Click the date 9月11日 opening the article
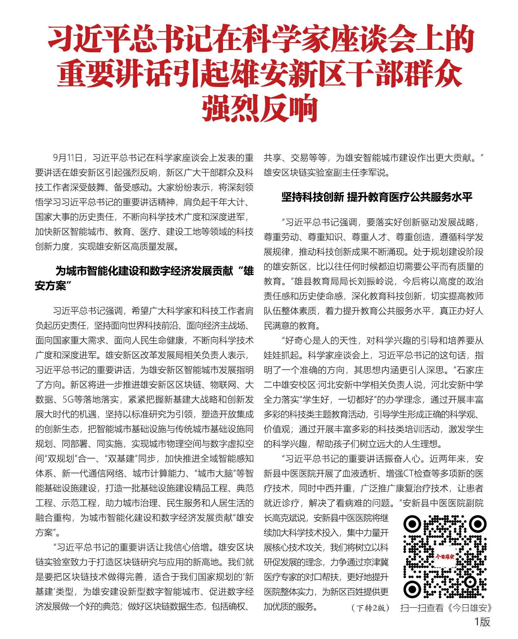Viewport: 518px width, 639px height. coord(68,158)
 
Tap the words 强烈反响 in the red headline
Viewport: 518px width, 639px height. coord(260,108)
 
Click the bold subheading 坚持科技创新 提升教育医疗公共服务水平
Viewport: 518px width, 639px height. coord(377,197)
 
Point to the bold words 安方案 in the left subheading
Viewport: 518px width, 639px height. coord(50,286)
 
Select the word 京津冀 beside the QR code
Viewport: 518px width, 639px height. coord(375,562)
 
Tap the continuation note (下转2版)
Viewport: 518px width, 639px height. coord(370,607)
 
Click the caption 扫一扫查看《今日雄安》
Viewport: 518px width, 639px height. coord(446,607)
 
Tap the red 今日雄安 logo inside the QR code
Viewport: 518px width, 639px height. coord(445,557)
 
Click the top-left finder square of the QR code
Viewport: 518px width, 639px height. coord(412,524)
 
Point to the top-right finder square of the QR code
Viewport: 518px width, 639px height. coord(478,524)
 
